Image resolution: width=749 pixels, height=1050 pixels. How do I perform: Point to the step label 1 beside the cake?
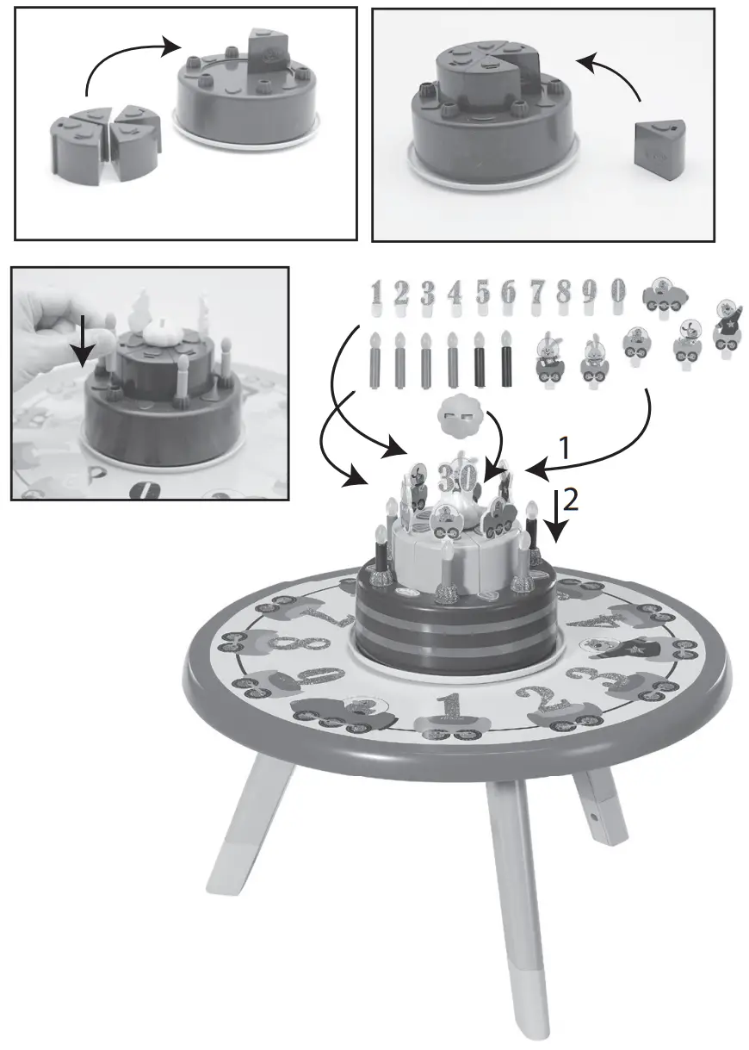(565, 447)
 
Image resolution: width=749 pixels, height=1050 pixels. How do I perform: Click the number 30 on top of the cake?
(455, 475)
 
